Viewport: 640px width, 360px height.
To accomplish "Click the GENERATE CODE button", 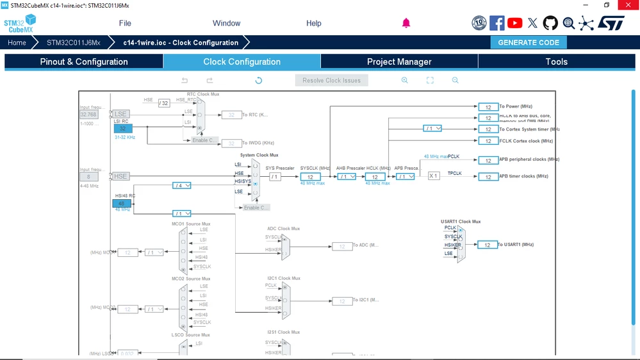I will coord(529,42).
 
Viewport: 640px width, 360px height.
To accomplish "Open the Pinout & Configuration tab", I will coord(84,61).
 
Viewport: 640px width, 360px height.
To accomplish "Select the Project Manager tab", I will coord(398,61).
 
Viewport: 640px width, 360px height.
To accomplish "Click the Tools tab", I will coord(556,61).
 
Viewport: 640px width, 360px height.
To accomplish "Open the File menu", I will coord(125,23).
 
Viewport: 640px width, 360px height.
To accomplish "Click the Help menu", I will coord(313,23).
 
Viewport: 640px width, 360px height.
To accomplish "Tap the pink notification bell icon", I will coord(406,23).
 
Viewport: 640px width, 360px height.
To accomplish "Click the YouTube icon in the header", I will coord(514,23).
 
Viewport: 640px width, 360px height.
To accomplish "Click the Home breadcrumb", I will coord(17,43).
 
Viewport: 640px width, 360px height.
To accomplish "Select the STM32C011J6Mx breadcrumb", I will coord(74,43).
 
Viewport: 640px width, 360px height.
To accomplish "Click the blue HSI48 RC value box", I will coord(122,204).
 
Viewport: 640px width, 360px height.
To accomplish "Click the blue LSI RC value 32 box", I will coord(122,129).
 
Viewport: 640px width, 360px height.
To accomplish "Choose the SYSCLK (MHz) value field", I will coord(310,177).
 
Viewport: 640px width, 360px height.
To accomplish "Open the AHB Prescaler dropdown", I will coord(347,177).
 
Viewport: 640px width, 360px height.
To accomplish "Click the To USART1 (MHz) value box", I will coord(488,245).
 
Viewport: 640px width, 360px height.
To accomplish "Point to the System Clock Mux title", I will coord(259,155).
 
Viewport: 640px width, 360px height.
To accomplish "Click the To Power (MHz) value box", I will coord(488,107).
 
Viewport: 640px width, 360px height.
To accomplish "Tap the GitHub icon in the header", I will coord(550,23).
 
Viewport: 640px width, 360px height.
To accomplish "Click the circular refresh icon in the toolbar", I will coord(258,81).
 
